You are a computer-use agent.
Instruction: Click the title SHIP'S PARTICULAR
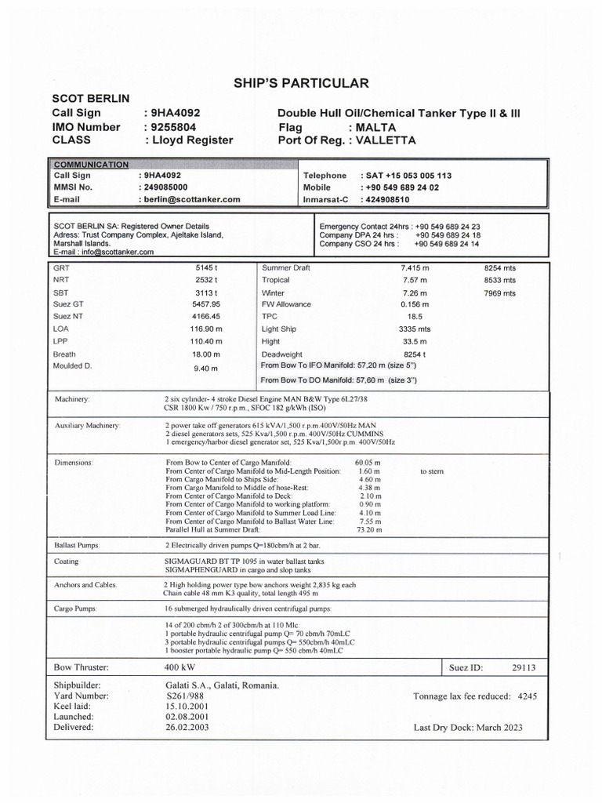(300, 84)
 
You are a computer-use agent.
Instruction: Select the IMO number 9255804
(171, 127)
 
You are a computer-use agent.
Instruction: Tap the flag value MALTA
(375, 127)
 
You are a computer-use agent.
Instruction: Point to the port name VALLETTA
(386, 140)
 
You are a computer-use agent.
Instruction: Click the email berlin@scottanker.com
(189, 200)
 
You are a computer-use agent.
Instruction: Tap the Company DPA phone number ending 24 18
(448, 235)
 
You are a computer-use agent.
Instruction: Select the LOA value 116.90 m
(207, 329)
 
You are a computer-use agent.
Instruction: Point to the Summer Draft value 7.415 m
(415, 268)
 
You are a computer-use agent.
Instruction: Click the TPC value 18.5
(415, 317)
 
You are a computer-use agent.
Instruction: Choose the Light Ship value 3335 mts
(415, 329)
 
